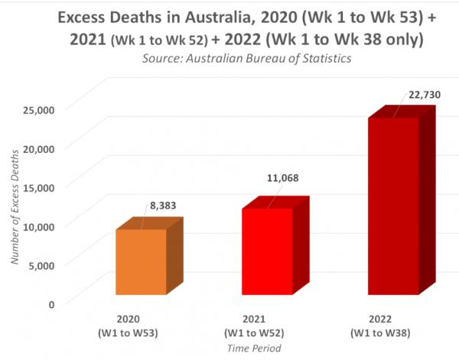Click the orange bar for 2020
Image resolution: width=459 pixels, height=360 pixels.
(141, 261)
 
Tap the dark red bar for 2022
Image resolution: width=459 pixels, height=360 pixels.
(393, 206)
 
